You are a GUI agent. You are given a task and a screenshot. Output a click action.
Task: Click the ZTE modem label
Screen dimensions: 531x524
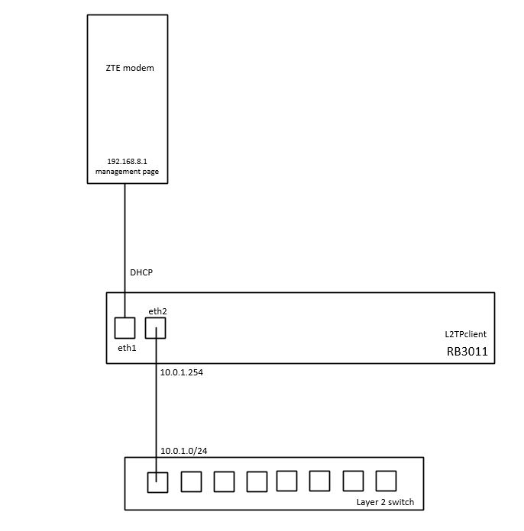pos(129,68)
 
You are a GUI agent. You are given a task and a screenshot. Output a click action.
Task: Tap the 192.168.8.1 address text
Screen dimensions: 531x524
pos(127,161)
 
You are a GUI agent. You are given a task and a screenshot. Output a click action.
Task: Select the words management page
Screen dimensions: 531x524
pos(127,172)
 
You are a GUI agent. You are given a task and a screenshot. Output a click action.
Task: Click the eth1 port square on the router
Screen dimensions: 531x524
pos(125,328)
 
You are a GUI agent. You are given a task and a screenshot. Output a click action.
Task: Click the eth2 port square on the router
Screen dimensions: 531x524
pos(155,328)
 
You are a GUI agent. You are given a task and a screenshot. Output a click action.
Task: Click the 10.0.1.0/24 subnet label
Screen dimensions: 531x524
pos(183,451)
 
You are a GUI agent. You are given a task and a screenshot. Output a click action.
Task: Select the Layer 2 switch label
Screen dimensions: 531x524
pos(385,501)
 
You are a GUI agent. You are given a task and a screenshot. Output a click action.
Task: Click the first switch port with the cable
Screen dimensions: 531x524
pos(157,481)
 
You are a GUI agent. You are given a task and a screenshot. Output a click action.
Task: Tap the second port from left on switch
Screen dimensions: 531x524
pos(191,481)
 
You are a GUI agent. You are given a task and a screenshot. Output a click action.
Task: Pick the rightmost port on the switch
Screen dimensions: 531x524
pos(387,481)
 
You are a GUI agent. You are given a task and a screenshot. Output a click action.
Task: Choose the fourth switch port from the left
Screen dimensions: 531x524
pos(257,481)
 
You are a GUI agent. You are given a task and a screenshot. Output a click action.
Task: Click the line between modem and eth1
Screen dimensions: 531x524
pos(125,244)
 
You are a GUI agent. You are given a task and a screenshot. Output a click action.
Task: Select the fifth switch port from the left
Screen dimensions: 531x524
pos(286,481)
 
